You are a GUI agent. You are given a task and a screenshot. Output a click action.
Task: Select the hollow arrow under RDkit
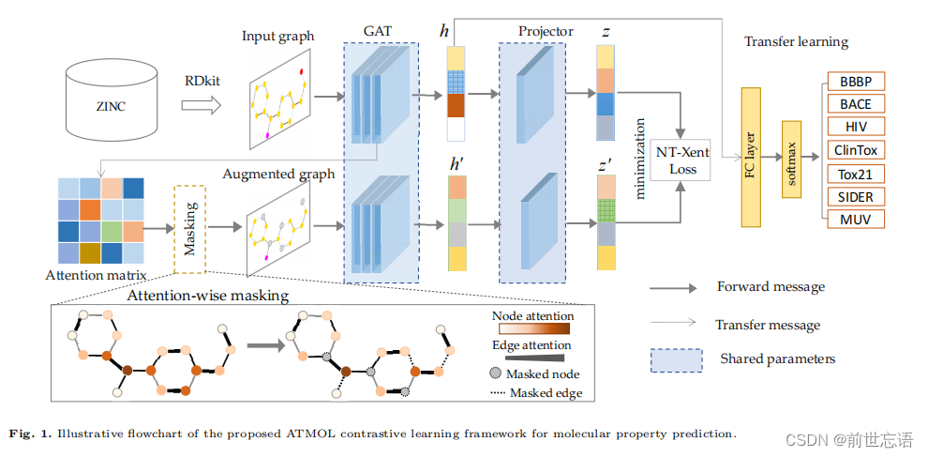click(x=202, y=105)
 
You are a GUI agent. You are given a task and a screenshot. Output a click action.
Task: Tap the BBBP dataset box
click(x=855, y=82)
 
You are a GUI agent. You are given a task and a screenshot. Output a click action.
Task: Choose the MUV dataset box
click(x=855, y=220)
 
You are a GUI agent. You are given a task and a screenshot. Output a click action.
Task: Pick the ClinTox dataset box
click(x=855, y=150)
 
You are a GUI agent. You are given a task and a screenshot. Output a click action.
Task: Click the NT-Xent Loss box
click(x=681, y=160)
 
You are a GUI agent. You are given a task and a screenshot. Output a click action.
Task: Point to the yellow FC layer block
click(x=751, y=157)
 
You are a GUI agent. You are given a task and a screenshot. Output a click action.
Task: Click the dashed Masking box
click(x=190, y=229)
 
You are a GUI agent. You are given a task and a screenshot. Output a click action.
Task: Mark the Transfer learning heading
click(x=796, y=42)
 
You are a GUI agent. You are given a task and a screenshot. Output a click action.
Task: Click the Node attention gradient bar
click(x=534, y=329)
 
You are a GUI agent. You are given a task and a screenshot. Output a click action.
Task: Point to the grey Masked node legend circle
click(x=496, y=374)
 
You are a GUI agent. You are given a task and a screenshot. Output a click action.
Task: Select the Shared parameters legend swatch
click(x=676, y=359)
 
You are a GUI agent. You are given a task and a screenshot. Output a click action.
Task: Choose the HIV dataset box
click(x=855, y=127)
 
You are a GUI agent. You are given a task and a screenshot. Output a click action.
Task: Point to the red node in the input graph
click(x=302, y=71)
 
